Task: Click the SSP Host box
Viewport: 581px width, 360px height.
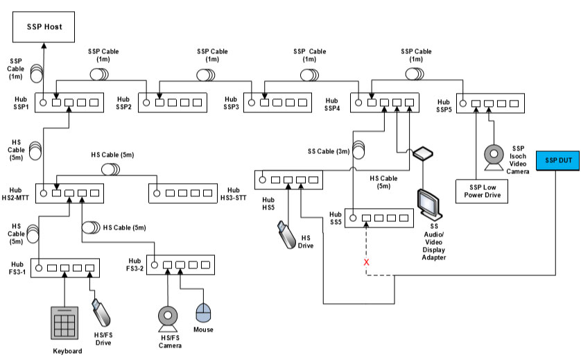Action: point(44,27)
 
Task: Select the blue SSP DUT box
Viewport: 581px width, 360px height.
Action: point(559,160)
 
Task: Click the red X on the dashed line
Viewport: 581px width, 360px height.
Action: point(366,264)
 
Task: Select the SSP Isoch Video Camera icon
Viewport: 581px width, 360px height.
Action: point(494,157)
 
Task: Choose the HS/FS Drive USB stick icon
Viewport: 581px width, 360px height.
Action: point(101,311)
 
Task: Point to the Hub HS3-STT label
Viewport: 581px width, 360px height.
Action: point(233,194)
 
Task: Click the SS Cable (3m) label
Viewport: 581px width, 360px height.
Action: point(329,151)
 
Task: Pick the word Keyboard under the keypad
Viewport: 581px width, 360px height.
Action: point(67,350)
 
